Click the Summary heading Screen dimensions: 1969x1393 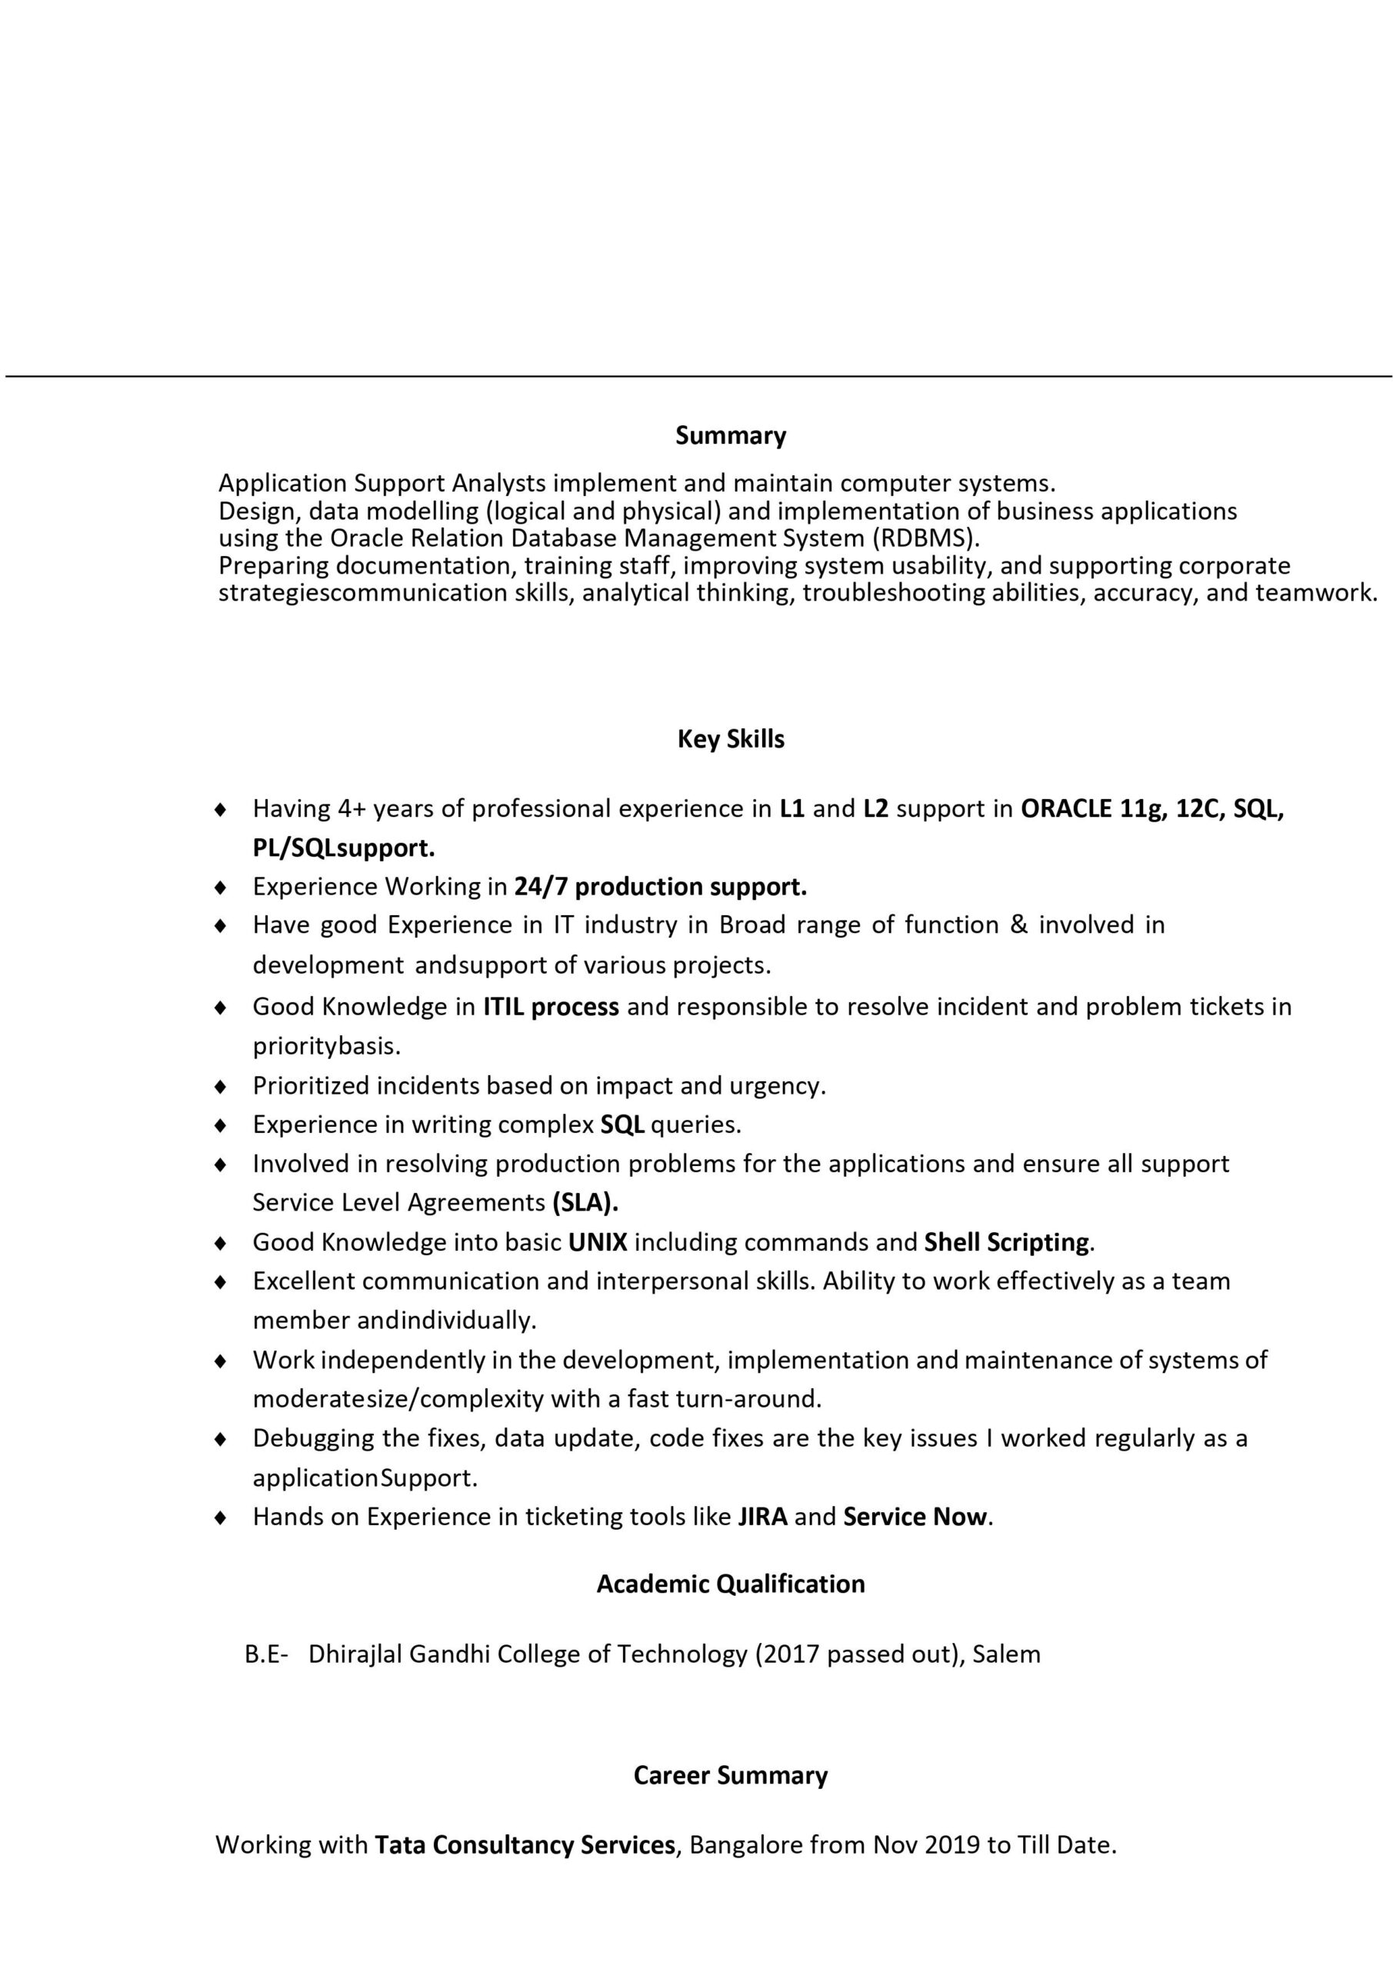[x=730, y=435]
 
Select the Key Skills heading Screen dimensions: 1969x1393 [x=730, y=739]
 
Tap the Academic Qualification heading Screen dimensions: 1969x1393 [x=730, y=1583]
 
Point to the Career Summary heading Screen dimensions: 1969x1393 [x=730, y=1775]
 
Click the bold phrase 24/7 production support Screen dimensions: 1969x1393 [x=660, y=887]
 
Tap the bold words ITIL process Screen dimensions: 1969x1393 [x=551, y=1007]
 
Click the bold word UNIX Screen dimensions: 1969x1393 [x=598, y=1243]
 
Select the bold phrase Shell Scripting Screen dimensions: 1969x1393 [x=1007, y=1243]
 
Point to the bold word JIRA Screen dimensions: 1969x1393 [x=761, y=1517]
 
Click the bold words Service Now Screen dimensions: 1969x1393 [x=915, y=1517]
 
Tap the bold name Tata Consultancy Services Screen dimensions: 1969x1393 [x=525, y=1845]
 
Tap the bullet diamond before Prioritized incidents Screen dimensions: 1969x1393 [x=221, y=1088]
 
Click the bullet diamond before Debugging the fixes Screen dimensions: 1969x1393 [x=221, y=1439]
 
